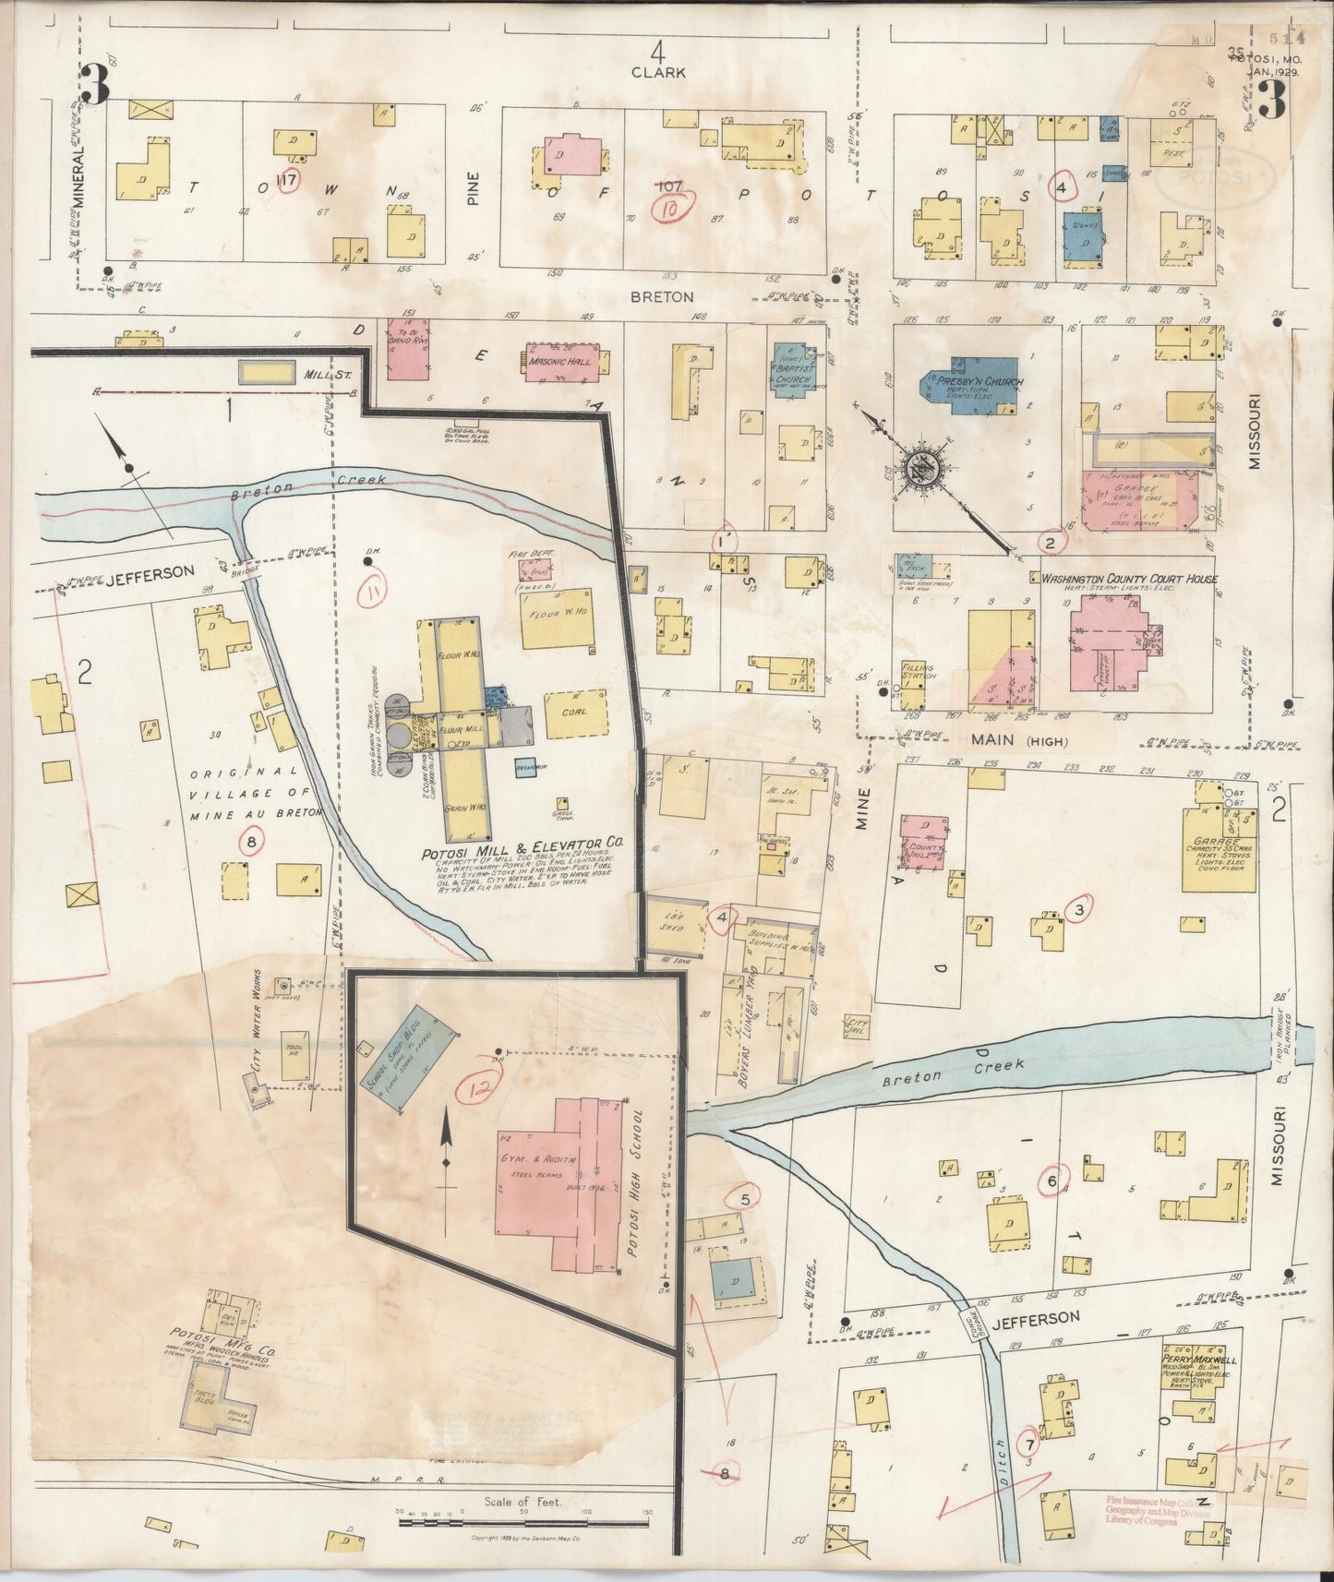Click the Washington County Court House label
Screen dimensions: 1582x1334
point(1129,579)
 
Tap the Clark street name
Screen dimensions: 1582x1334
point(657,71)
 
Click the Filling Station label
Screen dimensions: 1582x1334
point(919,673)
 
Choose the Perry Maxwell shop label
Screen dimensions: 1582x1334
point(1200,1360)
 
